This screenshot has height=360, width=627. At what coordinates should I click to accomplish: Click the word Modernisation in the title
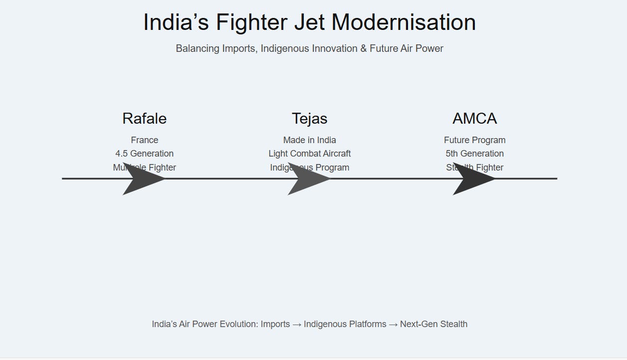(404, 22)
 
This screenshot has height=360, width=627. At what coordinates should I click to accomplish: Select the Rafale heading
(144, 119)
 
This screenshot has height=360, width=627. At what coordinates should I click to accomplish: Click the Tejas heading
(309, 119)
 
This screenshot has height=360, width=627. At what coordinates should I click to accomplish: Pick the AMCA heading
(474, 119)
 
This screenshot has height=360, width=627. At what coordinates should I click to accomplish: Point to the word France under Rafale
(144, 140)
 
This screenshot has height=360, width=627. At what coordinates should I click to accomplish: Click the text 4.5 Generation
(144, 154)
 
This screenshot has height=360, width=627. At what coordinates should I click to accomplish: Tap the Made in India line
(309, 140)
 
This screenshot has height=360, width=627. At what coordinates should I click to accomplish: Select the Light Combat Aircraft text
(309, 154)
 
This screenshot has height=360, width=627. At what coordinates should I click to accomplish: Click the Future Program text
(474, 140)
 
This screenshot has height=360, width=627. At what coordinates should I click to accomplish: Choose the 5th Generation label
(474, 154)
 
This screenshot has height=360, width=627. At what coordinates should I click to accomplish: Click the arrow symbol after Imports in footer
(296, 324)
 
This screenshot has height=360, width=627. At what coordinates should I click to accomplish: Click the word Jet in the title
(309, 22)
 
